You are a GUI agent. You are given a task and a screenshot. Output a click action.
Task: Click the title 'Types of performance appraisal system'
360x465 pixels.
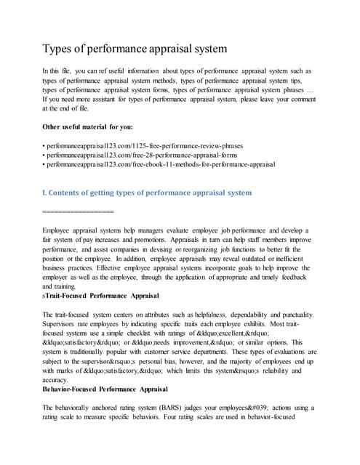coord(135,49)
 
